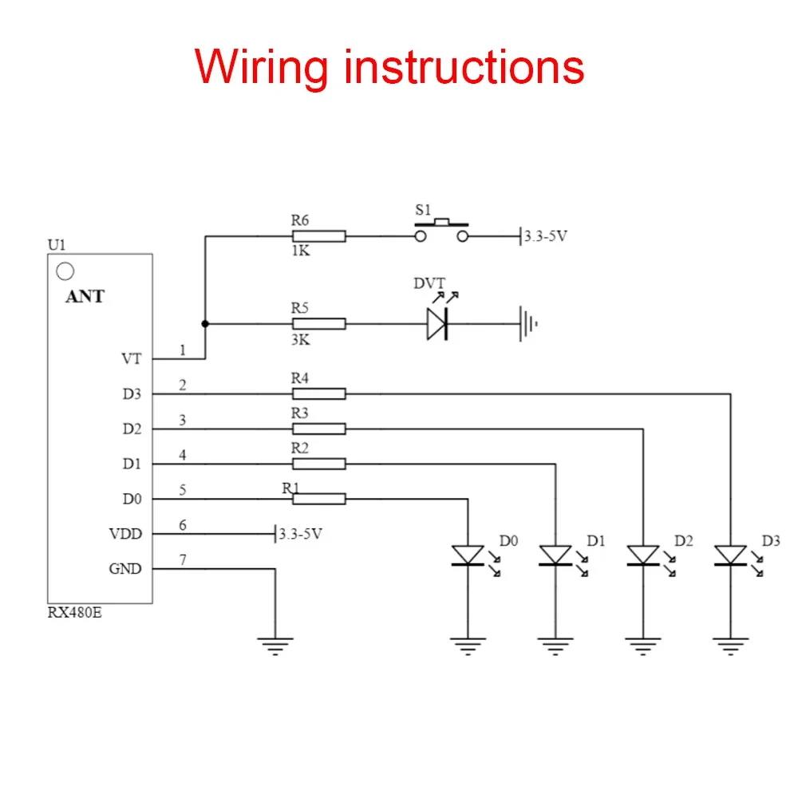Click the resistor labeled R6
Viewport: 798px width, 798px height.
click(x=318, y=236)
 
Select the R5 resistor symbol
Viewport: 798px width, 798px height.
click(x=318, y=324)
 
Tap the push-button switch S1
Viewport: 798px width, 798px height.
click(x=441, y=232)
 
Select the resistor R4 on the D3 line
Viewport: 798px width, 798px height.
click(x=318, y=393)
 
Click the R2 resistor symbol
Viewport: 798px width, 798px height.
click(x=318, y=464)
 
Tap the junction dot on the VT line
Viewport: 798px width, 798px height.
click(x=205, y=324)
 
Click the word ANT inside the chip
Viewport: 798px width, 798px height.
click(x=85, y=296)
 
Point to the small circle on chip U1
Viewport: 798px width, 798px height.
click(x=65, y=271)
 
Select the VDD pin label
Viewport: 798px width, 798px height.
click(x=125, y=534)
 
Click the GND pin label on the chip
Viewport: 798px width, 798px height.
click(x=125, y=569)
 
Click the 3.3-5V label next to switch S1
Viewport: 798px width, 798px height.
click(x=547, y=237)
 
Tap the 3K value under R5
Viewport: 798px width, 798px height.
click(x=300, y=340)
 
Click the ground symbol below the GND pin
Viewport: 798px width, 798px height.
click(x=275, y=645)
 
